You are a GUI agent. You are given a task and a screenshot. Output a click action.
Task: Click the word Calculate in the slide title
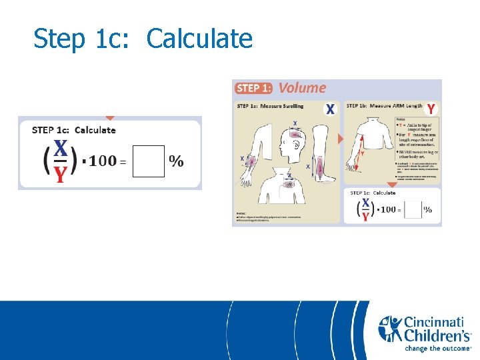click(x=199, y=39)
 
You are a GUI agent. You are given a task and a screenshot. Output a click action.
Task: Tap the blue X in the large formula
click(x=61, y=147)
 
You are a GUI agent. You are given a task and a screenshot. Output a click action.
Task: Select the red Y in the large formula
click(x=61, y=174)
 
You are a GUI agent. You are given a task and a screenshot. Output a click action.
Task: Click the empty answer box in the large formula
click(x=148, y=161)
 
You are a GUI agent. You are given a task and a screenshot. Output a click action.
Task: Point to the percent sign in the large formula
click(x=177, y=161)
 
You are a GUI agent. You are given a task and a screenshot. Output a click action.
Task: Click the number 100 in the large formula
click(x=102, y=161)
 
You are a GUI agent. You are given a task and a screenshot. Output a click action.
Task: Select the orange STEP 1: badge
click(x=254, y=88)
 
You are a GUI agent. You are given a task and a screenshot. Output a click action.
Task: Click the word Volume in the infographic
click(x=302, y=87)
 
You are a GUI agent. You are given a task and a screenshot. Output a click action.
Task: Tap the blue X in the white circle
click(x=330, y=108)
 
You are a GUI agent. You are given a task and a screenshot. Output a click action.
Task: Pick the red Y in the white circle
click(x=431, y=108)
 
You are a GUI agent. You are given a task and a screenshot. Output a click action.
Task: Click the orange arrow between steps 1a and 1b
click(x=341, y=139)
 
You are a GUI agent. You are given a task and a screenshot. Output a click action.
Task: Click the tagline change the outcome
click(x=438, y=348)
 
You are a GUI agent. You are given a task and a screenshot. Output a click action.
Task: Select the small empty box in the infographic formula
click(x=413, y=209)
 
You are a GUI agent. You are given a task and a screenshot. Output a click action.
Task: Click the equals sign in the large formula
click(x=123, y=162)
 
